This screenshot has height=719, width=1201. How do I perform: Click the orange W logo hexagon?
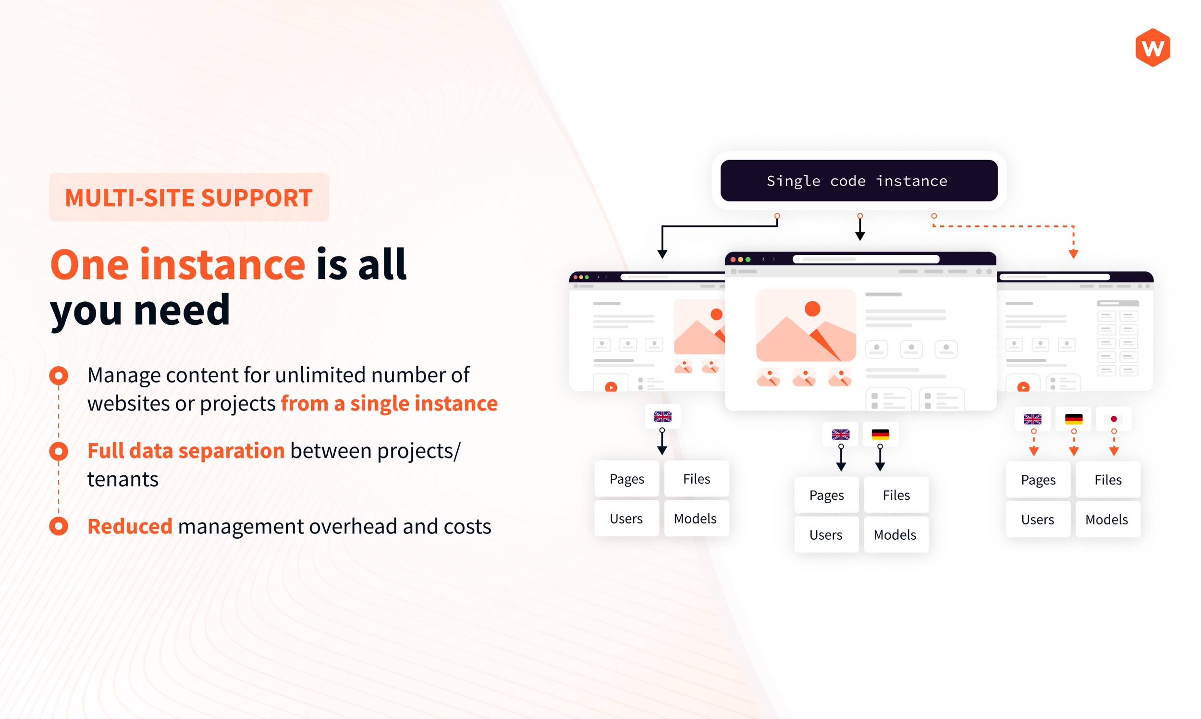1152,48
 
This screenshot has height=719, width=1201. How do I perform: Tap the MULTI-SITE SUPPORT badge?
189,198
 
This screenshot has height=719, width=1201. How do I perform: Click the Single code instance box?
858,181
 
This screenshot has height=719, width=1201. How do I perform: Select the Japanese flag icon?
1114,419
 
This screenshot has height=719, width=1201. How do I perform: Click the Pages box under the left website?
626,479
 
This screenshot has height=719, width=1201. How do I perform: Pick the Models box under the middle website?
895,535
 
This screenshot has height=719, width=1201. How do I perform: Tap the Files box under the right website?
1108,480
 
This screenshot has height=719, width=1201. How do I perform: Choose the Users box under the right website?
1038,520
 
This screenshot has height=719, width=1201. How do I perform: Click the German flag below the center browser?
881,434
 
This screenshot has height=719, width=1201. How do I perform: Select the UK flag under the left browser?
662,417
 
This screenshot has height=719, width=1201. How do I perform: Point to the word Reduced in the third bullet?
130,527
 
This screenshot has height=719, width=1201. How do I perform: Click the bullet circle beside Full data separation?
59,452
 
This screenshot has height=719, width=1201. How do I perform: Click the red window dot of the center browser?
733,260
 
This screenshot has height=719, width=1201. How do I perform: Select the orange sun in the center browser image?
813,309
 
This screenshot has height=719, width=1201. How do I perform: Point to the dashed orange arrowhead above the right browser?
1074,254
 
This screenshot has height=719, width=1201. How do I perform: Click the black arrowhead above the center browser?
860,236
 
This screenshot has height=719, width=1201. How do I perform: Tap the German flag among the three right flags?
1074,419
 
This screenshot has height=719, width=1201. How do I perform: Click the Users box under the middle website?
826,535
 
